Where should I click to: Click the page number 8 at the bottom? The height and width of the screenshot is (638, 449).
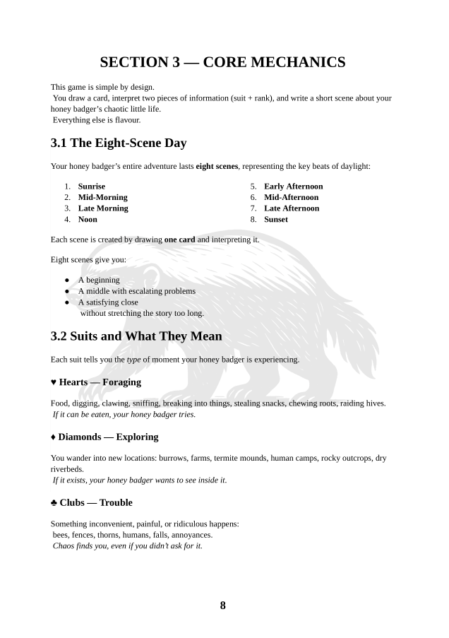(x=223, y=605)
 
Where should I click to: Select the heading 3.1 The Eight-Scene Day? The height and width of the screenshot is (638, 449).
(x=119, y=143)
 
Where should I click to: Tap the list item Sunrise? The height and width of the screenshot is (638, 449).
(x=91, y=187)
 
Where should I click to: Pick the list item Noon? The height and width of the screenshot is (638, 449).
(x=88, y=220)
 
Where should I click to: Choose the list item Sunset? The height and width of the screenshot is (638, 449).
(x=276, y=220)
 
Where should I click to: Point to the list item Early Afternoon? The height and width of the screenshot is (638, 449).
(x=294, y=187)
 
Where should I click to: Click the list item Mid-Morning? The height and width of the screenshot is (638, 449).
(x=102, y=197)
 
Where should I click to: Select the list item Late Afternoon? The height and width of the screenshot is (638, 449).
(x=292, y=208)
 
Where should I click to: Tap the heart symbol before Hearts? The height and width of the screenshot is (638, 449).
(x=54, y=382)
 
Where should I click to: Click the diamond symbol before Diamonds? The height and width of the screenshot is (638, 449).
(x=54, y=437)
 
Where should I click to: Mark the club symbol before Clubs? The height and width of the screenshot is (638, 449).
(x=54, y=503)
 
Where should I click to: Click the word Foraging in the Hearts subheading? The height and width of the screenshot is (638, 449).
(x=121, y=382)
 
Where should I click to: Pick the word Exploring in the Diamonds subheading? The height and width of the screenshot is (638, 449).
(x=137, y=437)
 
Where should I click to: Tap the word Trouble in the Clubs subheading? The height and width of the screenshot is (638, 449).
(x=116, y=503)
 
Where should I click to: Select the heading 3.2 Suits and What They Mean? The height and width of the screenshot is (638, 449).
(x=136, y=336)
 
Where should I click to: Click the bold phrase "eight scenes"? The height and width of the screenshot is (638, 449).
(x=217, y=167)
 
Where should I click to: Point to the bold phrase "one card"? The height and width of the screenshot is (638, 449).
(x=179, y=240)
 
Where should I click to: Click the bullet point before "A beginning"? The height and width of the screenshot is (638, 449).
(x=67, y=280)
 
